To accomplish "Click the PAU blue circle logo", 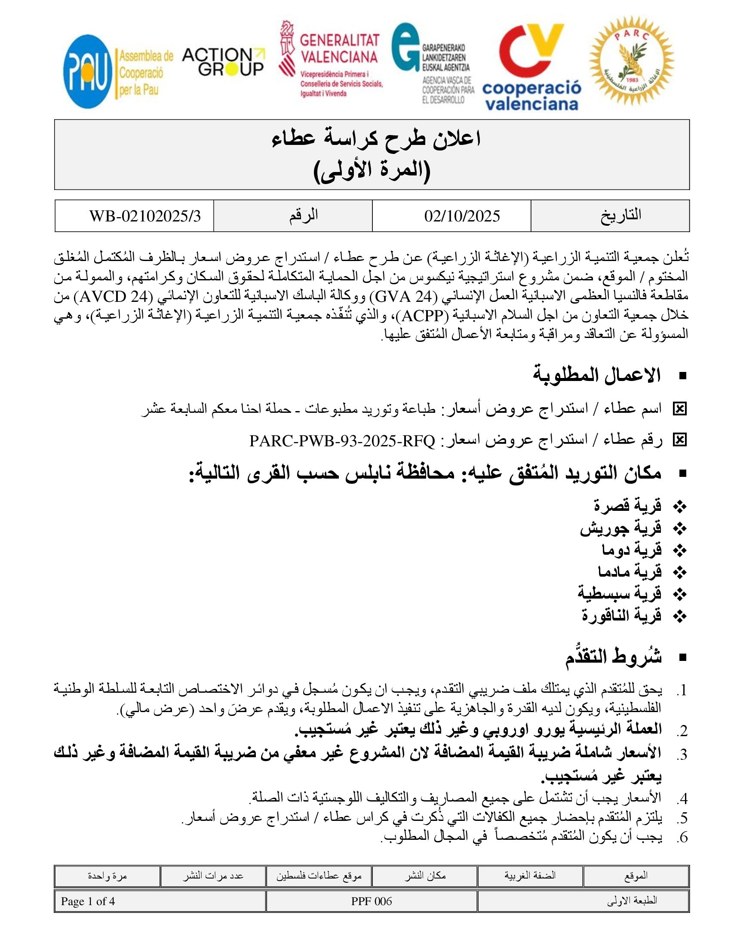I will (87, 71).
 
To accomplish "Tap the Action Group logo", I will (223, 62).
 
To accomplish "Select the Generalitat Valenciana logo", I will (331, 59).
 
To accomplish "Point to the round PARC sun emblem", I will (631, 61).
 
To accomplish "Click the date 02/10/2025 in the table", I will (462, 216).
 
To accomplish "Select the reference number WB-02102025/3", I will (145, 216).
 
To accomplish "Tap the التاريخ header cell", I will (620, 215).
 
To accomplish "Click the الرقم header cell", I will (304, 215).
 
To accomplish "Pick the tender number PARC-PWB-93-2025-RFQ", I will (342, 441).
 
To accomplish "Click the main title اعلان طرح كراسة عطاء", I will (376, 139).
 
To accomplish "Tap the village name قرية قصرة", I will (627, 505).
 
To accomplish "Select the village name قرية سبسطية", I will (619, 593).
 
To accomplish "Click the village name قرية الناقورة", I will (621, 615).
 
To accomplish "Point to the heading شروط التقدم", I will (613, 657).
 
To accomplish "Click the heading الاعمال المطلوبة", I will (596, 375).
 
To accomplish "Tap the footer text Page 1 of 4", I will (88, 901).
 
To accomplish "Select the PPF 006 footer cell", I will (371, 901).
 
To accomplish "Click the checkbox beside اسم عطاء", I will (679, 408).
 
